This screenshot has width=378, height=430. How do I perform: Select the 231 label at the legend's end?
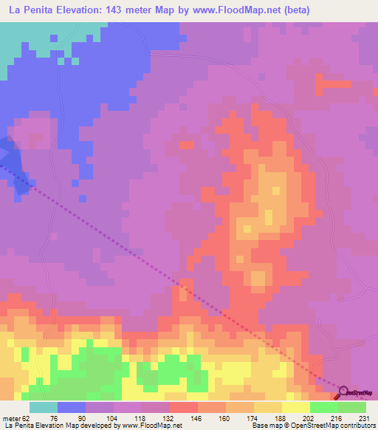point(364,417)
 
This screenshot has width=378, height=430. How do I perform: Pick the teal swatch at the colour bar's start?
point(43,407)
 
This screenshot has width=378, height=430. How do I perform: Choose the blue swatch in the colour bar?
point(72,407)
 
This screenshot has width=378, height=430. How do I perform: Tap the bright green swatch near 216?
point(324,407)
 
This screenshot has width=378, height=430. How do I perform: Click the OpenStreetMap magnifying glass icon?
point(342,392)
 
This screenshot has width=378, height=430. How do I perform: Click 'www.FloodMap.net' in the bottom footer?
point(154,426)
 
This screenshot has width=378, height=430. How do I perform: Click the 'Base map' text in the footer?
point(265,426)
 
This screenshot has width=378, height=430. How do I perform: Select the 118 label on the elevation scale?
point(142,417)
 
